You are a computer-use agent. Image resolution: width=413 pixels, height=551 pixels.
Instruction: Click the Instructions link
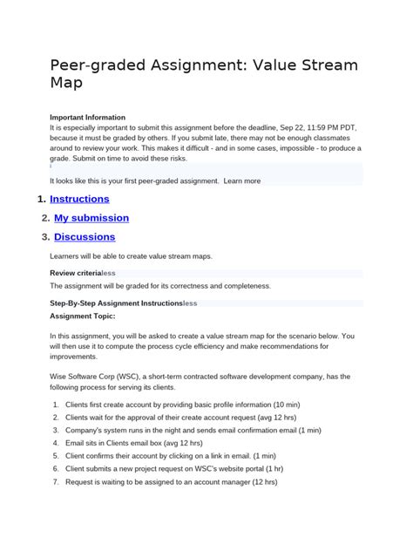pos(79,199)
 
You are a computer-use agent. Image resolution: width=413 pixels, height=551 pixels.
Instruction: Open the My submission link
pos(91,218)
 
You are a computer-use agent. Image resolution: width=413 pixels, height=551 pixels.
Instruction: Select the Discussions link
pos(85,237)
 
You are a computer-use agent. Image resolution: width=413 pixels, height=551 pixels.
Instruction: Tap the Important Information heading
pos(87,117)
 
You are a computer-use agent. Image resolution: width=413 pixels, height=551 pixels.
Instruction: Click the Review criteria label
pos(76,273)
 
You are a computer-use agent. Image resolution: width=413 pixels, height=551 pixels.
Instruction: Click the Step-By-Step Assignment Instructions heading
pos(116,303)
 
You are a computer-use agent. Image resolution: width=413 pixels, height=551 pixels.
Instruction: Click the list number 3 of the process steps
pos(56,431)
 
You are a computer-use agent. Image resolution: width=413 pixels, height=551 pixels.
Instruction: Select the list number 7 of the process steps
pos(56,482)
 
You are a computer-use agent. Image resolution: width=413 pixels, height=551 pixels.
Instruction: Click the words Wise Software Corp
pos(86,377)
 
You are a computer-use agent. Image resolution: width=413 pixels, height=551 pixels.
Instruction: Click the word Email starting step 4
pos(77,444)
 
